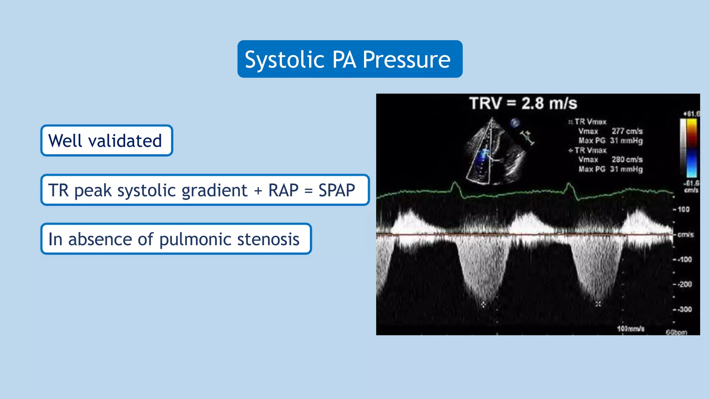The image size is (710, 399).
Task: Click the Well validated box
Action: (106, 141)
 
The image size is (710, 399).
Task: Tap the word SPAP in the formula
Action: (337, 190)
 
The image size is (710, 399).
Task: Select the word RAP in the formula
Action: (283, 190)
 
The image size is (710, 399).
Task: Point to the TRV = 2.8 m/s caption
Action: (523, 103)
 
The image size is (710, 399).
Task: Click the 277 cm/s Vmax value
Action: (627, 131)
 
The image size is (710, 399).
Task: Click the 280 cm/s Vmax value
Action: (627, 160)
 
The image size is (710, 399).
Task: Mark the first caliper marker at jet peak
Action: (484, 305)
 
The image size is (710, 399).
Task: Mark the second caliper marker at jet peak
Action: (598, 304)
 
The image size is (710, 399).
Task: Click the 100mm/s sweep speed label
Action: (630, 328)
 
